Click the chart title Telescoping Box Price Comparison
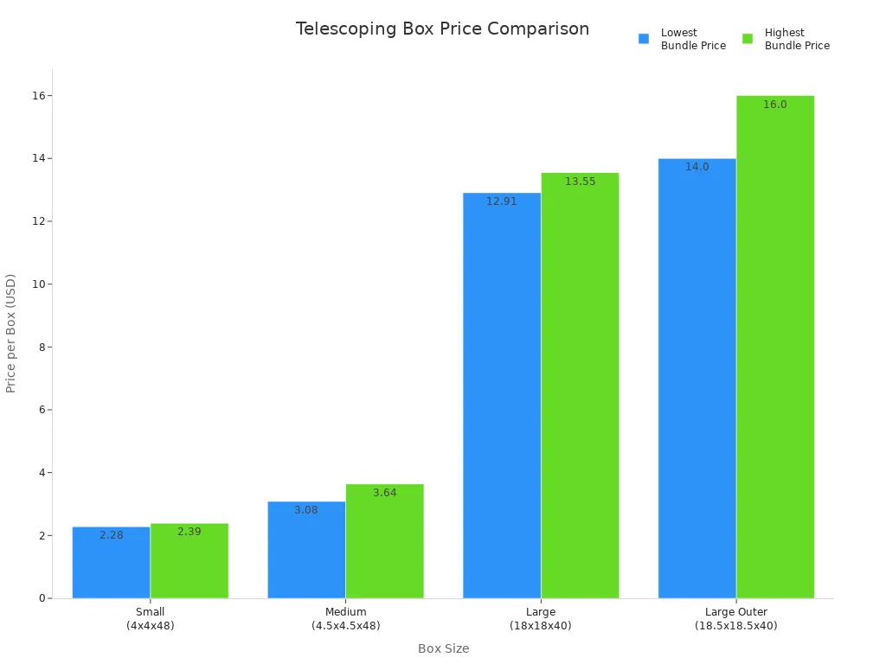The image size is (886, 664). (x=442, y=29)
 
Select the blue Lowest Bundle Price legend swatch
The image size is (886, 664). (x=644, y=39)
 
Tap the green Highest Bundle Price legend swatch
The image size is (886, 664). (x=748, y=39)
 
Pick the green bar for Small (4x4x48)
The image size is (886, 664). (x=189, y=562)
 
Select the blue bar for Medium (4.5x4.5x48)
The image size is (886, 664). (x=306, y=551)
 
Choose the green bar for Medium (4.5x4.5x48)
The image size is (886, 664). (x=384, y=542)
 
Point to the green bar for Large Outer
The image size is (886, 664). (x=775, y=347)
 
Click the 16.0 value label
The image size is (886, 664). (x=775, y=105)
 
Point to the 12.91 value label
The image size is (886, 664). (x=502, y=201)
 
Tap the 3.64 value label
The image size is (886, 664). (x=385, y=493)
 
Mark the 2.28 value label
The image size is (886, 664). (x=112, y=535)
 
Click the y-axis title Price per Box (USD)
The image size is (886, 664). (x=11, y=333)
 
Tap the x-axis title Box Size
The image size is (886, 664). (x=443, y=648)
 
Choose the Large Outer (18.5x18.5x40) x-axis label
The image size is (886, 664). (x=735, y=619)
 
